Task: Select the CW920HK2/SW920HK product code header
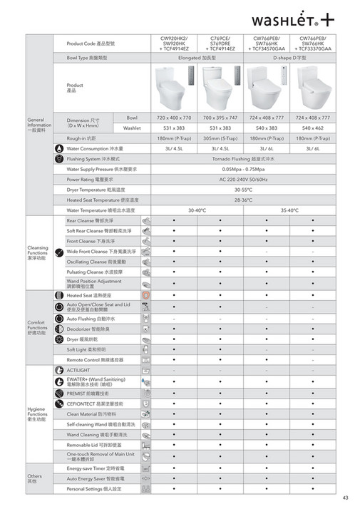[x=174, y=43]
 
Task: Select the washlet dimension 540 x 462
[x=315, y=128]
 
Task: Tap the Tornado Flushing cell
[x=245, y=159]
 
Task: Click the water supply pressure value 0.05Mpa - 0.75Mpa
[x=245, y=170]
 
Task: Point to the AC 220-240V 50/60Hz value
[x=245, y=180]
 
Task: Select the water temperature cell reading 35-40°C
[x=291, y=211]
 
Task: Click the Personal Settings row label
[x=93, y=489]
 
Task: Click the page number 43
[x=346, y=498]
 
